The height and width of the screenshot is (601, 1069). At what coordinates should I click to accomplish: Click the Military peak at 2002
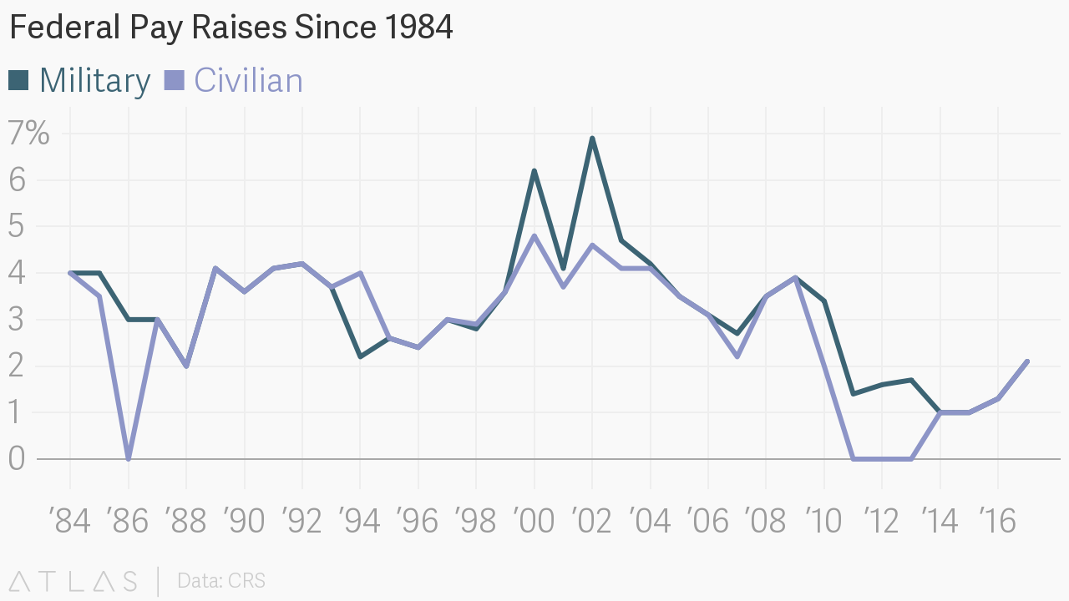click(x=592, y=139)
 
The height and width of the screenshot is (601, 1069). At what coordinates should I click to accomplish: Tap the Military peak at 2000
click(x=534, y=171)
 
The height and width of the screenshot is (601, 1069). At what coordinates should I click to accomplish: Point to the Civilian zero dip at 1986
click(x=128, y=458)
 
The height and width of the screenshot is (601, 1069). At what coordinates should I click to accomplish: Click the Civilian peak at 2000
click(x=534, y=236)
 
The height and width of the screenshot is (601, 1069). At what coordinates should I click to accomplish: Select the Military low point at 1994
click(x=360, y=356)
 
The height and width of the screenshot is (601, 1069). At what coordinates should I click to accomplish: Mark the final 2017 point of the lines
click(x=1026, y=361)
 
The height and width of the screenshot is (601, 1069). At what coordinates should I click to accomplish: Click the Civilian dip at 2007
click(x=737, y=356)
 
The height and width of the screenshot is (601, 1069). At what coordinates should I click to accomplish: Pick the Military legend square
click(x=18, y=80)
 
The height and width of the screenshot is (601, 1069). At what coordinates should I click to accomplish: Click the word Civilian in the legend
click(x=248, y=81)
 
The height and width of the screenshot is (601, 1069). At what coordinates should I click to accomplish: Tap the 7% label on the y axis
click(x=29, y=134)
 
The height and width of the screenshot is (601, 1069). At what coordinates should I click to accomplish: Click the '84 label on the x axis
click(x=70, y=522)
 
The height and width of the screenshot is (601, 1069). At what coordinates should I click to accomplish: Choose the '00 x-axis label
click(x=534, y=522)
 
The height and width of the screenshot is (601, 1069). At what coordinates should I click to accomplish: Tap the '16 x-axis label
click(x=997, y=522)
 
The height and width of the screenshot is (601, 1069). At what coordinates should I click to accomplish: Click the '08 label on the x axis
click(x=766, y=522)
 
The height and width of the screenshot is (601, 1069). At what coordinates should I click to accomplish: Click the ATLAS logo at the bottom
click(x=73, y=580)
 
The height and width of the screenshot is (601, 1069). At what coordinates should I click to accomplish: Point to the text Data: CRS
click(x=221, y=580)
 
